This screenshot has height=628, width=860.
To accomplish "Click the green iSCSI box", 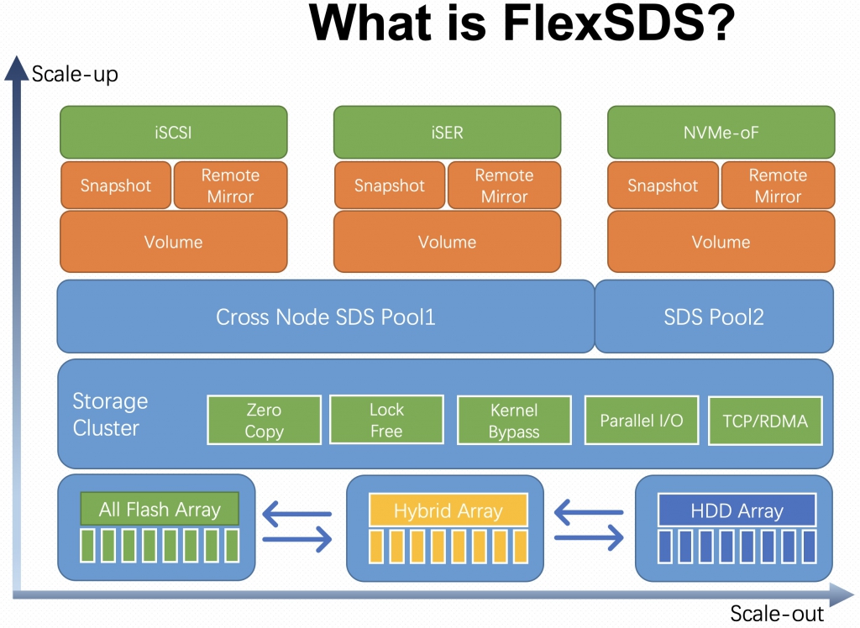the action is coord(173,132).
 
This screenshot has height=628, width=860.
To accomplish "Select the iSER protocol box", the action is coord(447,132).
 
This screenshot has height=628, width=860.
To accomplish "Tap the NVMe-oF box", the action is coord(721,132).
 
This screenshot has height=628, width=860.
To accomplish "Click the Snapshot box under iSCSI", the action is coord(116,186).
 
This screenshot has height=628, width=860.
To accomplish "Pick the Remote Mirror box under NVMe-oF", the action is coord(778,186).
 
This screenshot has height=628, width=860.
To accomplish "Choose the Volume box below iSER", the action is coord(447,242).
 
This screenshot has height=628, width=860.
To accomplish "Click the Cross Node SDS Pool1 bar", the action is coord(326,317).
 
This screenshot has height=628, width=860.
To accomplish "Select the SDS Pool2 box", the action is coord(714,317).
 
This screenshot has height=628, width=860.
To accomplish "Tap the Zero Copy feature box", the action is coord(264,420).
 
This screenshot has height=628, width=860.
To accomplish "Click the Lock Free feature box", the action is coord(386,420).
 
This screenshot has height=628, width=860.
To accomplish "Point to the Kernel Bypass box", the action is coord(514,420).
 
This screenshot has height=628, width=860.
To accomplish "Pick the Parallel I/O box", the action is coord(642,420).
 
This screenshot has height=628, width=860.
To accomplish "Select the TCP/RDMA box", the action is coord(765,421).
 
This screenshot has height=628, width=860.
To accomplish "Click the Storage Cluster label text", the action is coord(110,414).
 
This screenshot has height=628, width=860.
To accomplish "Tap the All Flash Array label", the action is coord(160,509).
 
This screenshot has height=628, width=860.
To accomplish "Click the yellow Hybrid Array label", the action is coord(448,510).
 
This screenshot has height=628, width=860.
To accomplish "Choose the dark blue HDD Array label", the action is coord(737,510).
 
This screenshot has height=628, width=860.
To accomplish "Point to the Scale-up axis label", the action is coord(75,74).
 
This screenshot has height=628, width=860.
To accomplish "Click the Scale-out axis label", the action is coord(777,613).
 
